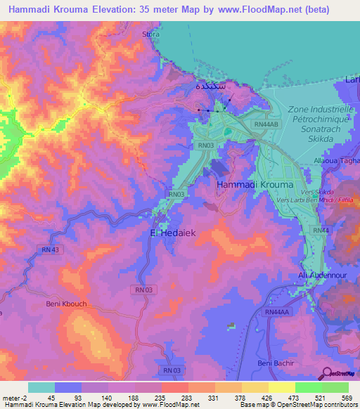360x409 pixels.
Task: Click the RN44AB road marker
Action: click(266, 124)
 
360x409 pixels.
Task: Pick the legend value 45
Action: click(51, 398)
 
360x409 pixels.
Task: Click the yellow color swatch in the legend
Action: click(282, 387)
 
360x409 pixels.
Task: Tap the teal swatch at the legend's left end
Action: click(41, 387)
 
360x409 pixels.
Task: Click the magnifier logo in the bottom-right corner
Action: click(327, 373)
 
